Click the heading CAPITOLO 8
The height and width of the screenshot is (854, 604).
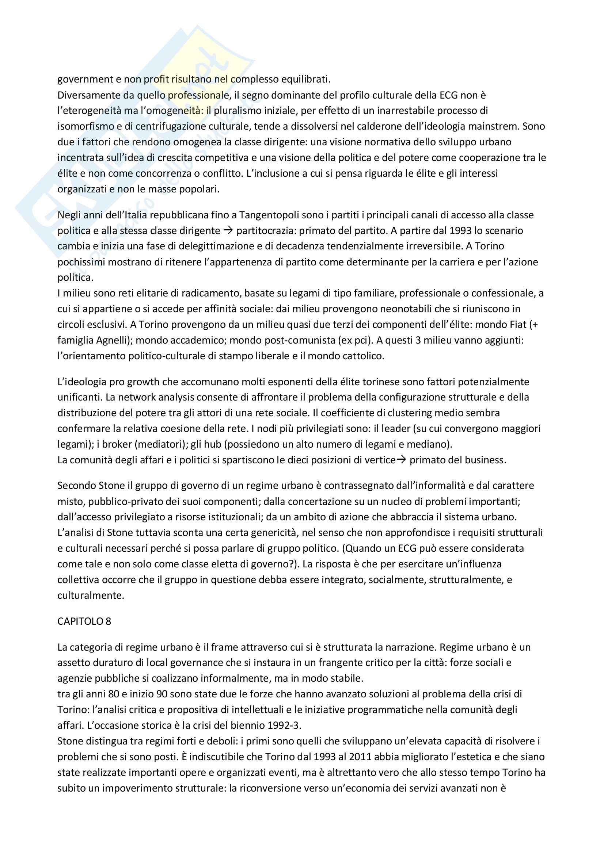tap(84, 621)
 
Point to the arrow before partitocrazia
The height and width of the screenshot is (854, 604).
tap(228, 231)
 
